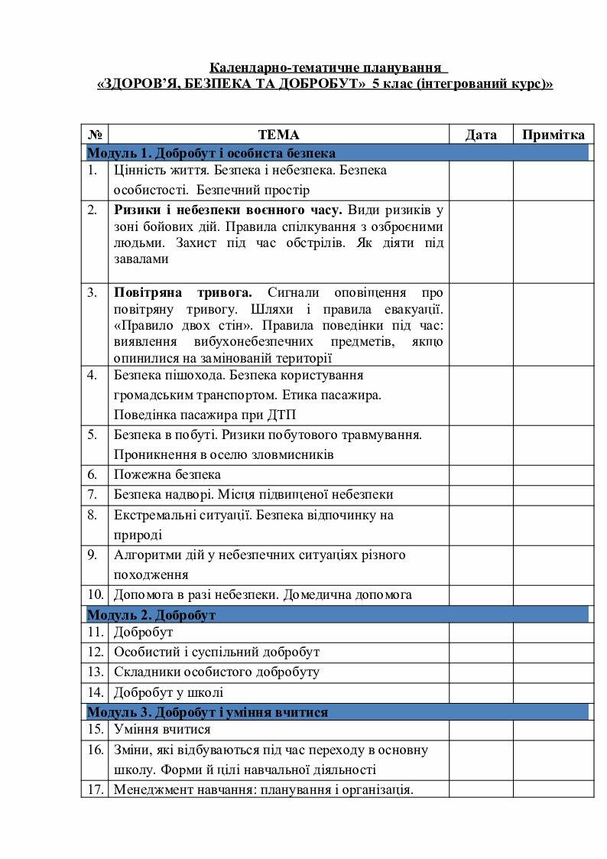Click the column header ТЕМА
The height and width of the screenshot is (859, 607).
[x=278, y=135]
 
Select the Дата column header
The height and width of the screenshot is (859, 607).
[x=481, y=135]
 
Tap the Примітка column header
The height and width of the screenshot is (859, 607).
[x=553, y=135]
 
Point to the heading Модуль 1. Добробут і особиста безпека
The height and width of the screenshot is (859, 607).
[x=211, y=153]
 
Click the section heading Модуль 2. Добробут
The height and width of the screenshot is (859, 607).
[x=151, y=615]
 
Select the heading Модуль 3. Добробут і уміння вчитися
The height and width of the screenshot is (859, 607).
[x=207, y=712]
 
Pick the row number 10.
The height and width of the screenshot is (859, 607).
[x=95, y=594]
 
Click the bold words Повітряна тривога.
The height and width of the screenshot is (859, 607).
[x=183, y=293]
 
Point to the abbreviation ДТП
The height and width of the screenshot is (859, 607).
[x=281, y=415]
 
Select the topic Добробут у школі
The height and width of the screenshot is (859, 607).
[x=168, y=693]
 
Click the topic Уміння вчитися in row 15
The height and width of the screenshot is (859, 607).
[x=162, y=730]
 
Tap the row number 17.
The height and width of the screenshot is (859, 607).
[x=95, y=789]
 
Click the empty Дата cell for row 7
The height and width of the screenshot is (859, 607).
[x=480, y=495]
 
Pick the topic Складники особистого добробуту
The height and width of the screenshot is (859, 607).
[x=216, y=672]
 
